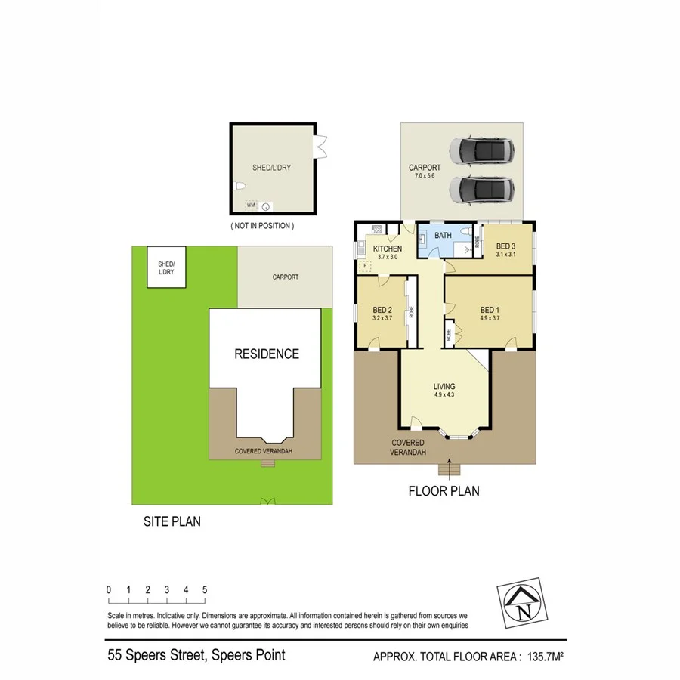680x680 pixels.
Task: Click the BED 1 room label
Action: pyautogui.click(x=490, y=310)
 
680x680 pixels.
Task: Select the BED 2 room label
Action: pyautogui.click(x=382, y=310)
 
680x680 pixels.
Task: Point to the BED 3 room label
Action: pyautogui.click(x=505, y=246)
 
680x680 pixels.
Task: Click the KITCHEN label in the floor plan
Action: pyautogui.click(x=388, y=249)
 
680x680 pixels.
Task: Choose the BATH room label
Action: pyautogui.click(x=443, y=236)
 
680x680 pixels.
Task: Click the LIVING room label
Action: pyautogui.click(x=444, y=387)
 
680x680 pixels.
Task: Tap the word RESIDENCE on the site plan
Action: pyautogui.click(x=266, y=354)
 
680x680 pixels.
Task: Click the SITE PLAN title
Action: pyautogui.click(x=172, y=521)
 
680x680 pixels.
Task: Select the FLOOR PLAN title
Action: pyautogui.click(x=444, y=491)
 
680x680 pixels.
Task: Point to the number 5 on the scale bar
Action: pyautogui.click(x=205, y=590)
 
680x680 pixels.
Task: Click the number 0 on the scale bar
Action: pyautogui.click(x=109, y=590)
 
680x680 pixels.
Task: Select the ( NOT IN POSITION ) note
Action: pyautogui.click(x=262, y=226)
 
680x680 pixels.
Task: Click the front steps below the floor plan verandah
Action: pyautogui.click(x=452, y=470)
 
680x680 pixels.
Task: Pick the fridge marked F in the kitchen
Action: pyautogui.click(x=366, y=265)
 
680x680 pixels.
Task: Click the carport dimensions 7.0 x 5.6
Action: pyautogui.click(x=425, y=175)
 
